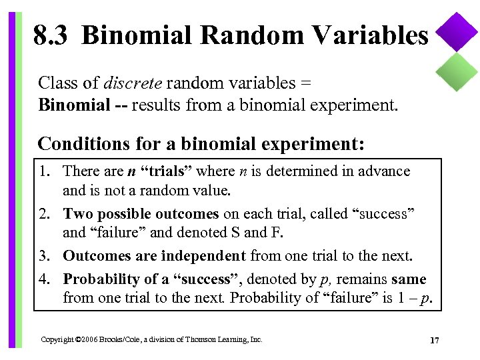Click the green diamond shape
pyautogui.click(x=457, y=71)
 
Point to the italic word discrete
pyautogui.click(x=133, y=83)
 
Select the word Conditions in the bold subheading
pyautogui.click(x=75, y=143)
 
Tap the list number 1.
pyautogui.click(x=45, y=171)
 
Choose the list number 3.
pyautogui.click(x=45, y=255)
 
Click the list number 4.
pyautogui.click(x=45, y=279)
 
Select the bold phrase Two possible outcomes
pyautogui.click(x=141, y=214)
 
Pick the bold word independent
pyautogui.click(x=204, y=255)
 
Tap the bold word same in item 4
pyautogui.click(x=408, y=279)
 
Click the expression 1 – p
pyautogui.click(x=414, y=297)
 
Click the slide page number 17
pyautogui.click(x=435, y=341)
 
